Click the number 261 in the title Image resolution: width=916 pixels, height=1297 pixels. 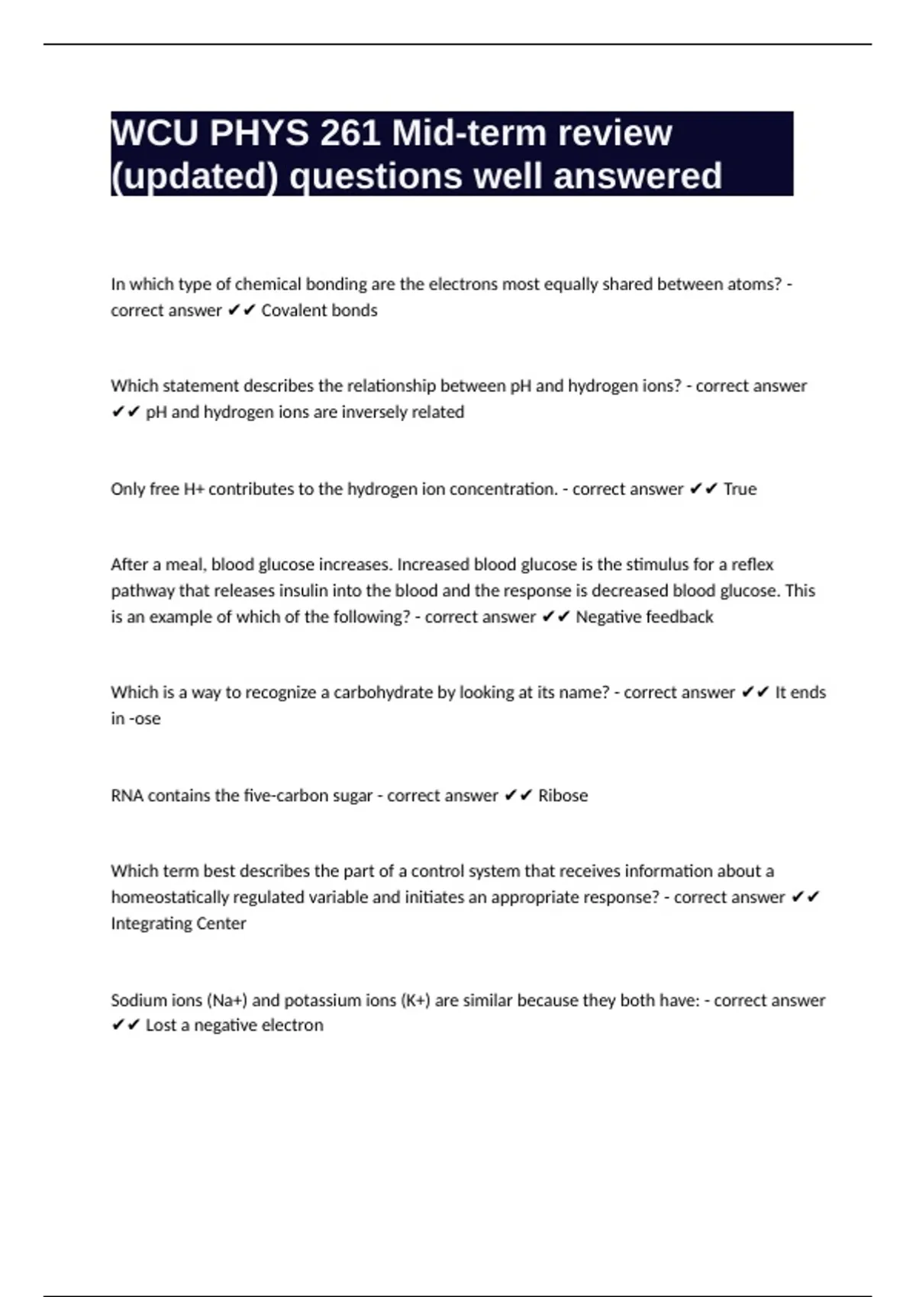coord(350,134)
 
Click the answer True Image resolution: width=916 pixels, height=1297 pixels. coord(740,489)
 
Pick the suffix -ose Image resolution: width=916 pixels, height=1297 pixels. coord(145,719)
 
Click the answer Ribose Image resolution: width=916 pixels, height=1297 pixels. coord(563,796)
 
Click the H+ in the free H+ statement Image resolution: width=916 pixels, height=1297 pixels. coord(194,489)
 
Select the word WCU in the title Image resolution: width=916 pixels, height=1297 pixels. coord(155,134)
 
